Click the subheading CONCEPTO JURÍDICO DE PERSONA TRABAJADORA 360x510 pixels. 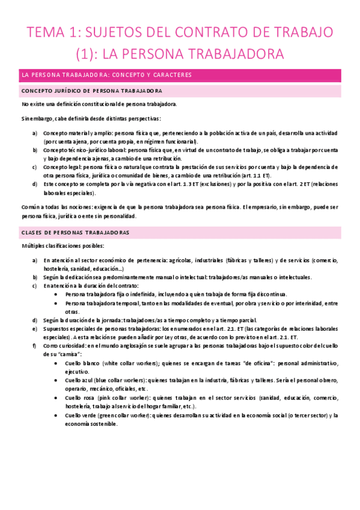(91, 91)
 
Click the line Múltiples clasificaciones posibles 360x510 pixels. (63, 246)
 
